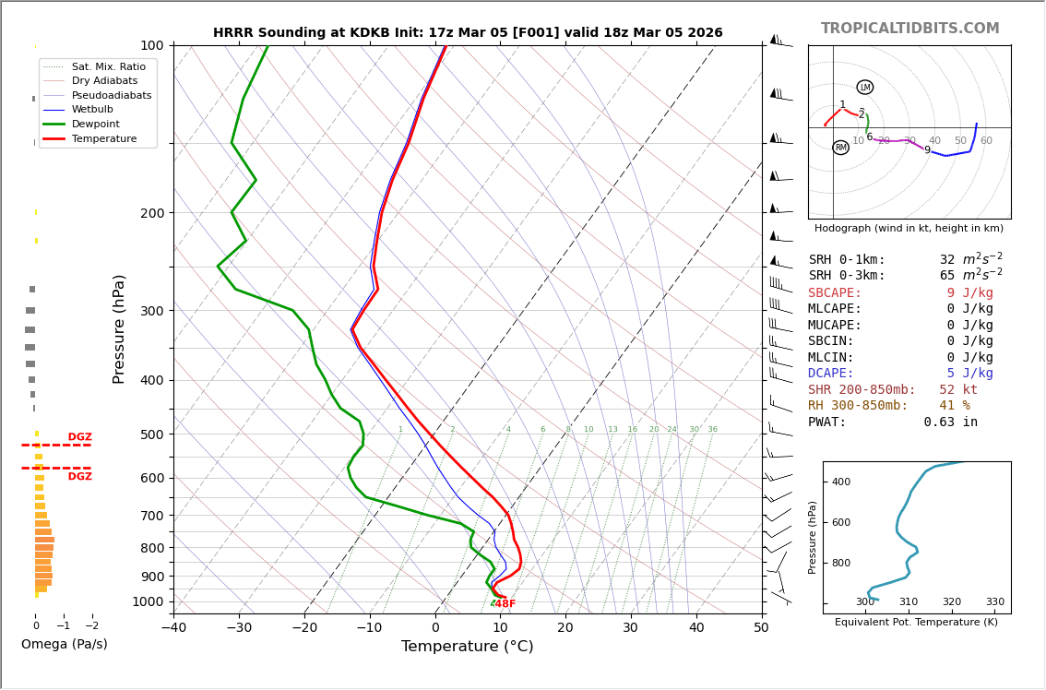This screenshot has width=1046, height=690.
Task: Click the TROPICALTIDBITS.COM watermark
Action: pyautogui.click(x=909, y=29)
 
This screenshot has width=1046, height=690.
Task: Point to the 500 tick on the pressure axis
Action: pyautogui.click(x=152, y=434)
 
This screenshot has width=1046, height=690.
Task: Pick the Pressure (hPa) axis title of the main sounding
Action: pyautogui.click(x=119, y=328)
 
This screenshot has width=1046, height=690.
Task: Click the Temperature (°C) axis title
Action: pyautogui.click(x=467, y=647)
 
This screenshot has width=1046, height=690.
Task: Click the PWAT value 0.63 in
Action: pyautogui.click(x=950, y=422)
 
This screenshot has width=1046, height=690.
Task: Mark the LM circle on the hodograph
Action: pyautogui.click(x=864, y=88)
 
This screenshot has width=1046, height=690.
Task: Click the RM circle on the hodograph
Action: pyautogui.click(x=840, y=148)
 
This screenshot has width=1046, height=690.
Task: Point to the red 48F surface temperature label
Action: pyautogui.click(x=505, y=604)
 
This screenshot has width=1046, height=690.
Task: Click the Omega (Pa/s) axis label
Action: pyautogui.click(x=64, y=645)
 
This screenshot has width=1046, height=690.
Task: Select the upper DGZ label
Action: pyautogui.click(x=79, y=437)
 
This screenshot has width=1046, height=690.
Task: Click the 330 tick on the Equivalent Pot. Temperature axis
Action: pyautogui.click(x=994, y=602)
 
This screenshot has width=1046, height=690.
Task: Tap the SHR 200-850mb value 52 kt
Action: pyautogui.click(x=957, y=390)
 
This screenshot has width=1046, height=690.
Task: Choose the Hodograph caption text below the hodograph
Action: pyautogui.click(x=909, y=228)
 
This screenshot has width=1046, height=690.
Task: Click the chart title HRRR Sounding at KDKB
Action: pyautogui.click(x=467, y=33)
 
